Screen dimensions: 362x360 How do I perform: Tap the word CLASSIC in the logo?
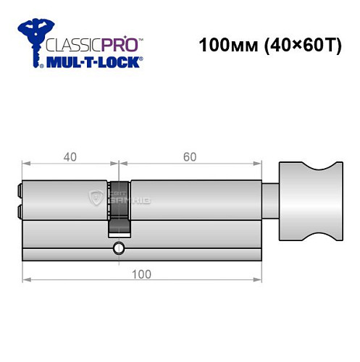pyautogui.click(x=72, y=43)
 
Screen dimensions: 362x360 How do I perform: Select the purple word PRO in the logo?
pyautogui.click(x=120, y=43)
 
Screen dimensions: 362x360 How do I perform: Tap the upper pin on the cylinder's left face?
pyautogui.click(x=18, y=192)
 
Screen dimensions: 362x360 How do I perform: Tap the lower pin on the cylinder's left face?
pyautogui.click(x=18, y=211)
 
